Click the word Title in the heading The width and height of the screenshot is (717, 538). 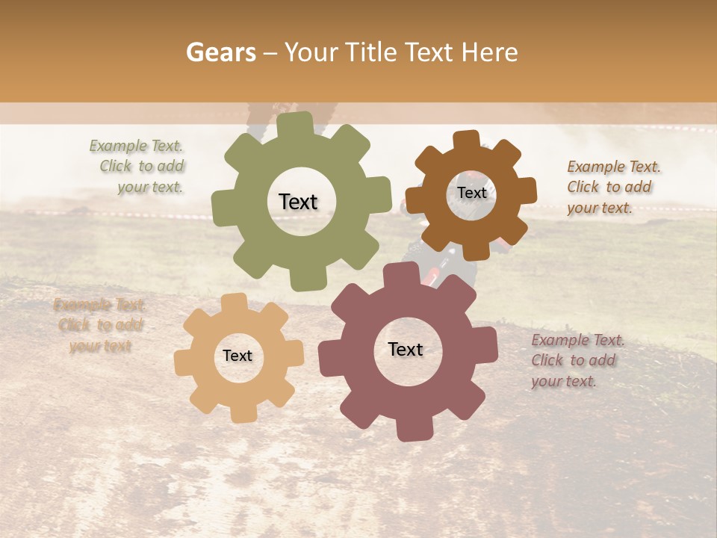pyautogui.click(x=373, y=52)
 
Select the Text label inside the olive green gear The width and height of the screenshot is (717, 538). pyautogui.click(x=298, y=202)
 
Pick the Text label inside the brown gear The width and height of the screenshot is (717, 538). pyautogui.click(x=471, y=193)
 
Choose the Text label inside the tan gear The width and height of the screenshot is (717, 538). pyautogui.click(x=238, y=356)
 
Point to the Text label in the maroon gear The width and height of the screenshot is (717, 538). pyautogui.click(x=406, y=350)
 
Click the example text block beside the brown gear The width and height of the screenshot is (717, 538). pyautogui.click(x=612, y=187)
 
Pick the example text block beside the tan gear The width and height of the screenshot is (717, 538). pyautogui.click(x=99, y=325)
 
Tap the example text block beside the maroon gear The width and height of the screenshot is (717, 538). pyautogui.click(x=577, y=360)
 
